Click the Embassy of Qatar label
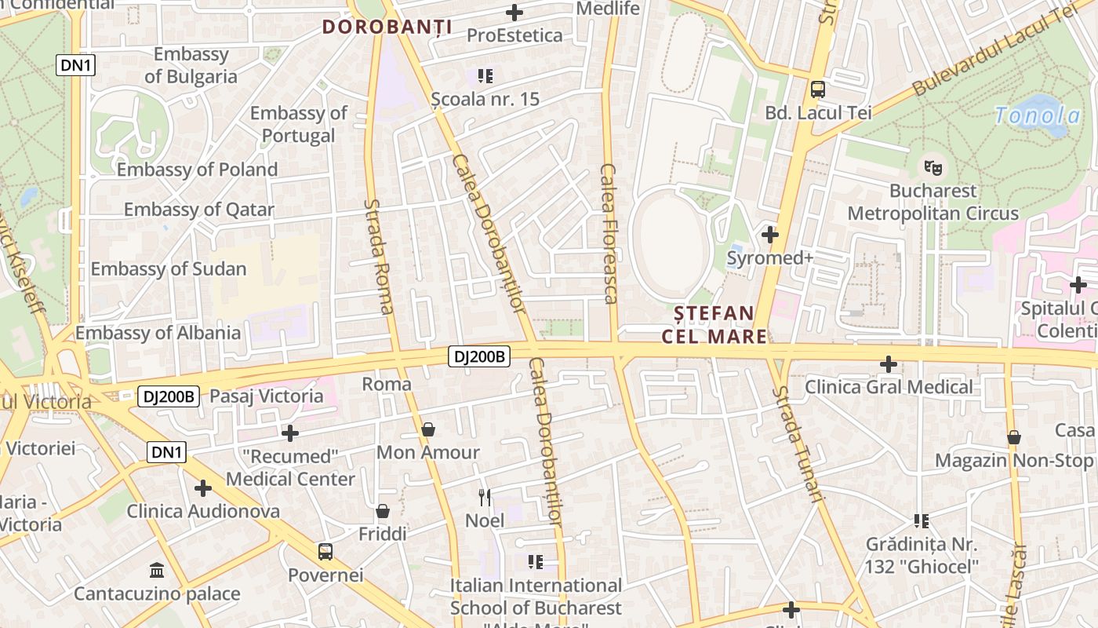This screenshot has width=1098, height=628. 199,210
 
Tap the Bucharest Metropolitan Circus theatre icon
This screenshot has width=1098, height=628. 933,166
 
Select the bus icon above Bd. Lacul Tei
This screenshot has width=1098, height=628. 818,89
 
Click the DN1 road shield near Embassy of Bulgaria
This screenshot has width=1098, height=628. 76,65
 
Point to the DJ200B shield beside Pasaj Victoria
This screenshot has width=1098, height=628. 169,396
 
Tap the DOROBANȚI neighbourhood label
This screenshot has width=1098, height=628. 387,27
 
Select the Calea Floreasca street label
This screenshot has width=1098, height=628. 609,233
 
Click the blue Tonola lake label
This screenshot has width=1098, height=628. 1037,116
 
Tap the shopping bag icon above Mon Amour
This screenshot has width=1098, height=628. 428,429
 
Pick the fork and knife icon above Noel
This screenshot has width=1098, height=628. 485,497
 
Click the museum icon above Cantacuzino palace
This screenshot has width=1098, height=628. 156,570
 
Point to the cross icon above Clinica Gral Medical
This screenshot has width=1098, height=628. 889,363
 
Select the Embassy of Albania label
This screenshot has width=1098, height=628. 158,333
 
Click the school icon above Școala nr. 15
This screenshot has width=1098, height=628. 485,76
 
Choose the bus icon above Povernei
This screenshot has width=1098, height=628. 325,551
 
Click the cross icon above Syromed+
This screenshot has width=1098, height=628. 770,234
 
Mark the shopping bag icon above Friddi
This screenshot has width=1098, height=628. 383,511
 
